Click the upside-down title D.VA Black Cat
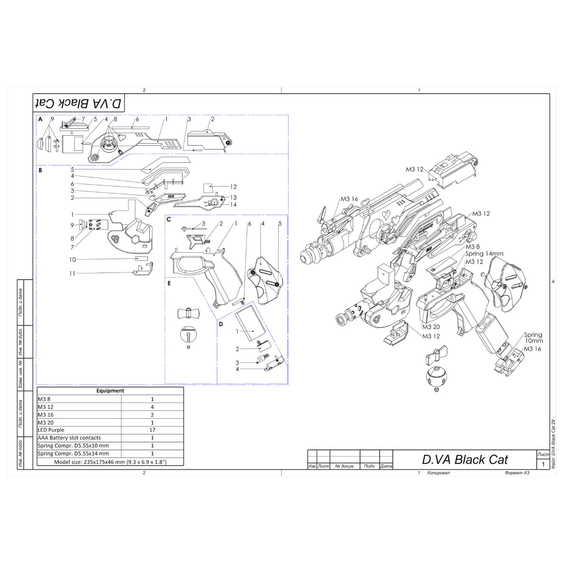(79, 103)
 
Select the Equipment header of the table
(110, 391)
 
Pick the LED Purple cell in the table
(51, 430)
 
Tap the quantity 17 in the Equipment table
(152, 430)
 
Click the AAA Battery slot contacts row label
(69, 438)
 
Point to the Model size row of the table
(110, 462)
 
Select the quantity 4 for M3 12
(152, 407)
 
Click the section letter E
(169, 283)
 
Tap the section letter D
(221, 324)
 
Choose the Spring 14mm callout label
(484, 254)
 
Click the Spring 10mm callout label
(533, 337)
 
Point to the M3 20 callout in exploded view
(431, 327)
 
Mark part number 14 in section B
(233, 205)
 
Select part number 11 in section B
(72, 274)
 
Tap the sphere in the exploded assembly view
(436, 377)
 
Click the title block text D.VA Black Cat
(464, 460)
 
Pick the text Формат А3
(517, 473)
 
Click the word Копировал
(439, 473)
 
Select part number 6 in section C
(249, 224)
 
